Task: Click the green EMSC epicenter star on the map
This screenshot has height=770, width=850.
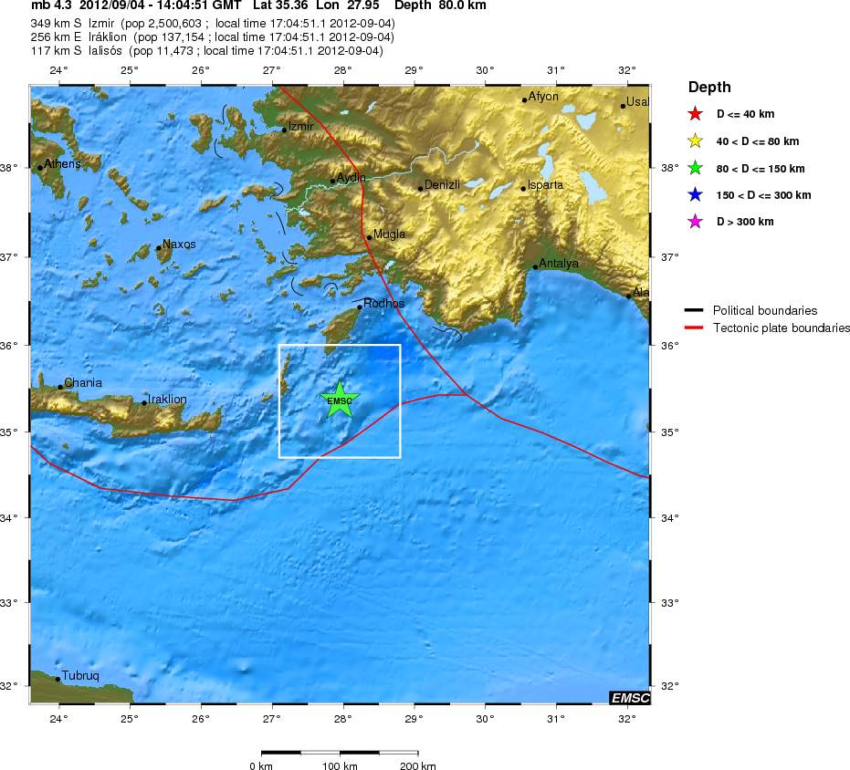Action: tap(340, 400)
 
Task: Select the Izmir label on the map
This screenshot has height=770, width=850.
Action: tap(301, 127)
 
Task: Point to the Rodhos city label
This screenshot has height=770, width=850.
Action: tap(383, 304)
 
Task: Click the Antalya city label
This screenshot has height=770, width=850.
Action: tap(559, 264)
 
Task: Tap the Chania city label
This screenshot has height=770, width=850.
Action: tap(83, 383)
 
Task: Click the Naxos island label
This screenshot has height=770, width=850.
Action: tap(179, 245)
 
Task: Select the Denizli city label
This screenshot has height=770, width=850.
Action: tap(442, 184)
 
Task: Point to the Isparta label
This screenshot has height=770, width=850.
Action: tap(545, 185)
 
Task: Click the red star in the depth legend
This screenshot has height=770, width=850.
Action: tap(695, 114)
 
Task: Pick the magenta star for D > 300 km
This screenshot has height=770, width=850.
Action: tap(695, 222)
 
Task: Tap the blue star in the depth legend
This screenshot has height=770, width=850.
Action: tap(695, 195)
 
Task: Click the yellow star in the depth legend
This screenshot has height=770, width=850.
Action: tap(695, 141)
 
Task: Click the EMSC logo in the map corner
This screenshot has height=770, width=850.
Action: tap(630, 698)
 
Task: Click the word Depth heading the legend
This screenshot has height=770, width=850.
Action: tap(709, 88)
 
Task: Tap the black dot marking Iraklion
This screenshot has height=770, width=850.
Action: tap(144, 402)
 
